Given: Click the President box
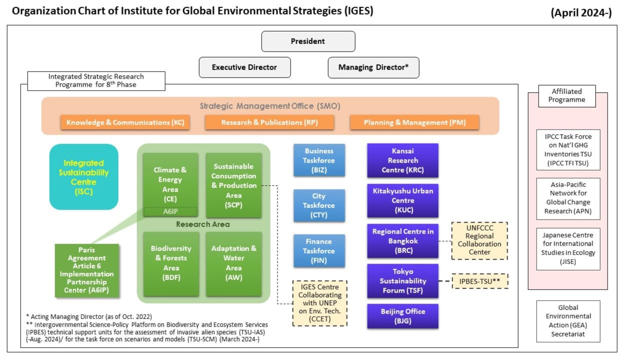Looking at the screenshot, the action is tap(308, 41).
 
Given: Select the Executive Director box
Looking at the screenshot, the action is tap(245, 67).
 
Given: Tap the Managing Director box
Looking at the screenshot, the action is tap(373, 67).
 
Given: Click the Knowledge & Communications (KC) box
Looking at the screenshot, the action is tap(125, 122).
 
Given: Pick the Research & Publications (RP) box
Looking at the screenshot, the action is tap(269, 122).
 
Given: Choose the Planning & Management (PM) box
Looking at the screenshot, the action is tap(414, 122).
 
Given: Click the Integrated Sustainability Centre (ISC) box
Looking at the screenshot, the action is tap(83, 177).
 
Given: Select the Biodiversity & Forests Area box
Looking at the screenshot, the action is tap(171, 263).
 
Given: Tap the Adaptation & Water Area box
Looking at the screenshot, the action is tap(233, 263).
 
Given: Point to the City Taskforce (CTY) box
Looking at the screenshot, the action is tap(319, 205).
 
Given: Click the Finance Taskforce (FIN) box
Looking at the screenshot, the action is tap(319, 251).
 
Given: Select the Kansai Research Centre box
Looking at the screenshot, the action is tap(403, 160).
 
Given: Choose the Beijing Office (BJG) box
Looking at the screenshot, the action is tap(403, 316).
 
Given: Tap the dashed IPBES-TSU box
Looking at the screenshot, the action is tap(480, 281).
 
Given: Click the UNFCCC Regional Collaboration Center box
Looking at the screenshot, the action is tap(479, 240).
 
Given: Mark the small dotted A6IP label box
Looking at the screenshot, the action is tap(170, 211).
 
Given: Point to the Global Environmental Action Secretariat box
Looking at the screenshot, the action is tap(568, 321).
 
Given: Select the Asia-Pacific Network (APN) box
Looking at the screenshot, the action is tap(568, 198).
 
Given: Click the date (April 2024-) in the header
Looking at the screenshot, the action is tap(581, 13).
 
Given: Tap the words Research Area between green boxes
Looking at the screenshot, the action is tap(203, 224).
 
